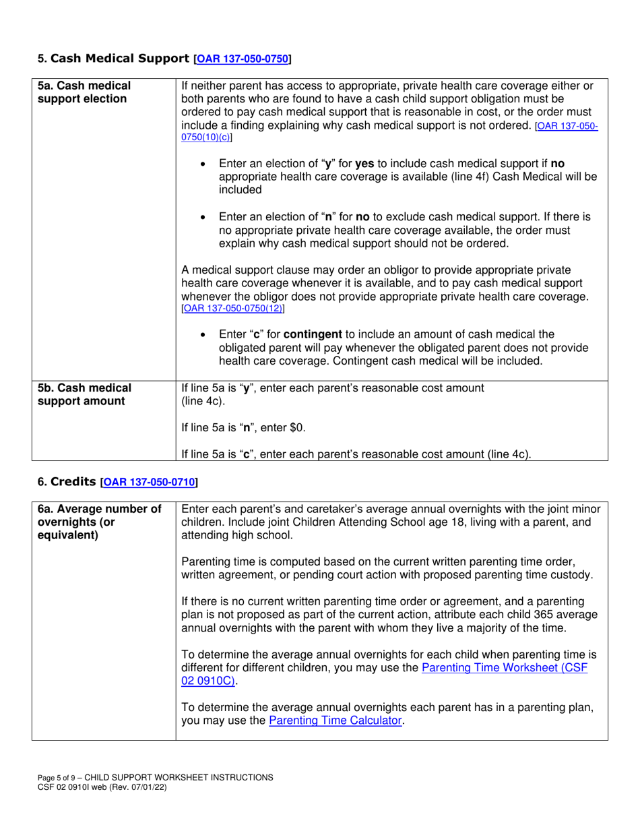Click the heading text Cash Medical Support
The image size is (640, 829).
[120, 59]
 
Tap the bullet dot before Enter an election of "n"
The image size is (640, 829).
[205, 218]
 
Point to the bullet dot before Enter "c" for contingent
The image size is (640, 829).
[205, 335]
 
